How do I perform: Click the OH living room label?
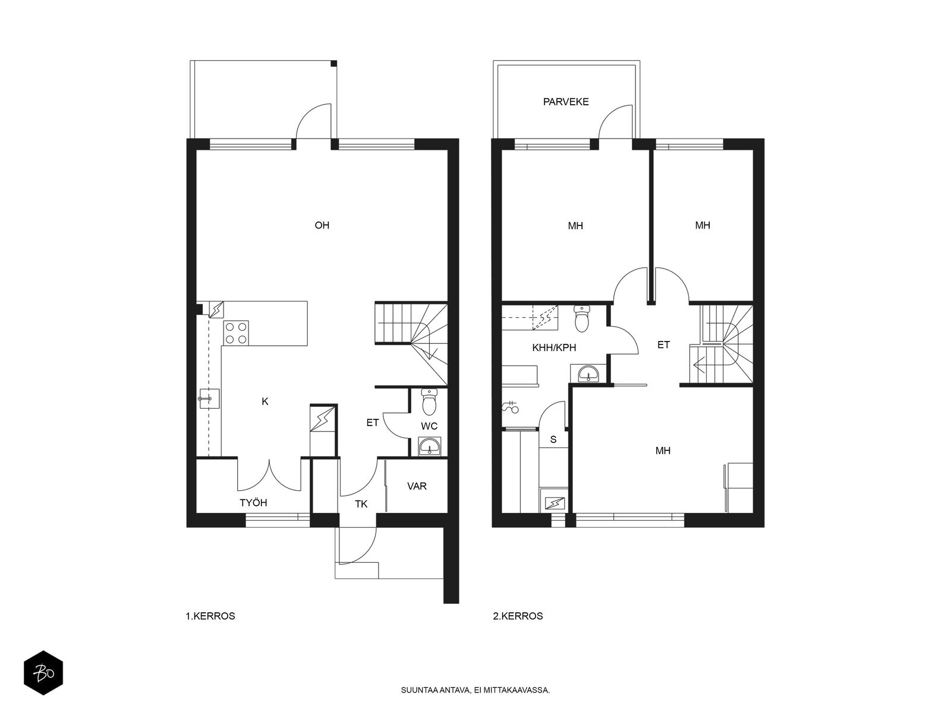322,226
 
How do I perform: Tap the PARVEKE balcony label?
566,102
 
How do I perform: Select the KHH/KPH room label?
554,347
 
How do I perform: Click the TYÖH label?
253,503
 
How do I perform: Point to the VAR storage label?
417,486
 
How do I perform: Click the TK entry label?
361,504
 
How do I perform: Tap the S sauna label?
553,440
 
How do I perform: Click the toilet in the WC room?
429,402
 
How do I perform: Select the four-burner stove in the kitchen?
236,333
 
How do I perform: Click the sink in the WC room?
429,446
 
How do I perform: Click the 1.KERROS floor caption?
210,616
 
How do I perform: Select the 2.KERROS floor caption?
518,616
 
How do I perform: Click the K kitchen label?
265,402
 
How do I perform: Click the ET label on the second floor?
663,345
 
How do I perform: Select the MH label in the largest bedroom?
663,451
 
